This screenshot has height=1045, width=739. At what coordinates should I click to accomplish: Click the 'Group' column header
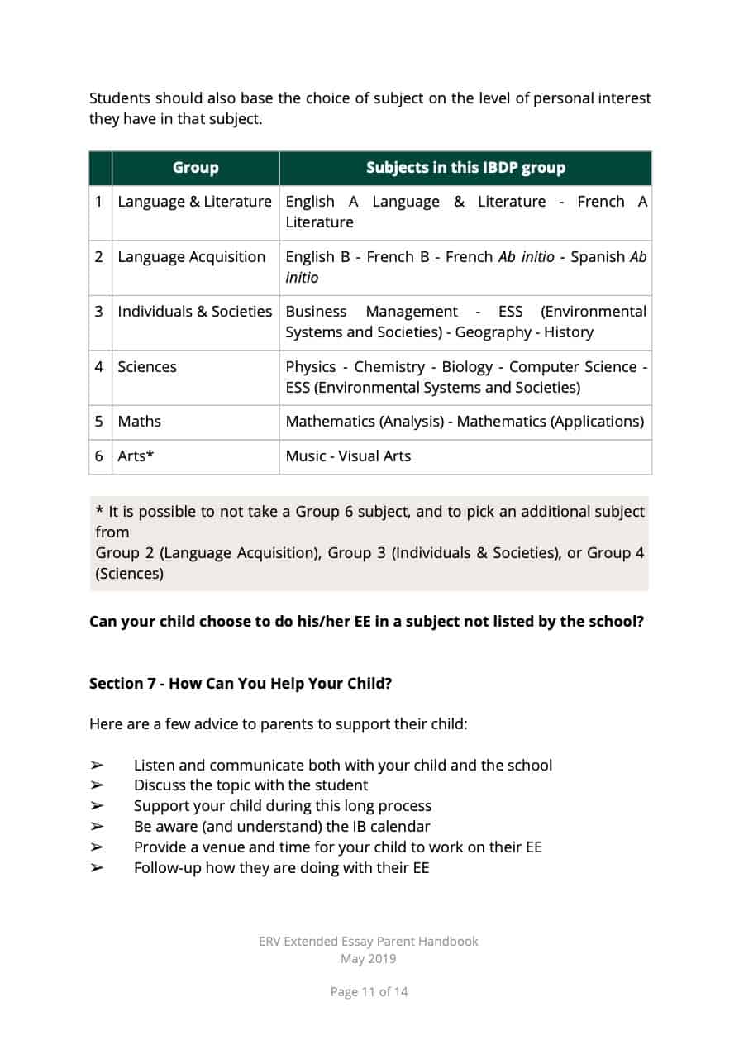[x=195, y=168]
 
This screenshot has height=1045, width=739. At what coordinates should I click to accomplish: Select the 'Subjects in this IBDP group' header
[x=465, y=168]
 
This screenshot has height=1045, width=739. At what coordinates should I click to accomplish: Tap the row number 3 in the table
[x=99, y=312]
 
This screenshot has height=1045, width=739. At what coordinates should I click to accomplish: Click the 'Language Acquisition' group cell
[x=192, y=257]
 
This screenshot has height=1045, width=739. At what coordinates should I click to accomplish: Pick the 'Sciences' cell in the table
[x=147, y=367]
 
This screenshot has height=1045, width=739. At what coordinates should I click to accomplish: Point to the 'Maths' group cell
[x=140, y=422]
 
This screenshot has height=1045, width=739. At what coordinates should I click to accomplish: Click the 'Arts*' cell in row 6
[x=136, y=456]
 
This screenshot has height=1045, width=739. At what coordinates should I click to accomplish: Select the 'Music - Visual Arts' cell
[x=348, y=456]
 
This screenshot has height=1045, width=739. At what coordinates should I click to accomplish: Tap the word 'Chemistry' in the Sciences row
[x=389, y=367]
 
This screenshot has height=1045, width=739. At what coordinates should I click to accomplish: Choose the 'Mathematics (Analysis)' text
[x=364, y=422]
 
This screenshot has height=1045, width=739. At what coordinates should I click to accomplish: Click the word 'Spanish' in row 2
[x=598, y=257]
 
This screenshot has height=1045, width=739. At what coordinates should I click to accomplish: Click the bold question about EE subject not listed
[x=366, y=622]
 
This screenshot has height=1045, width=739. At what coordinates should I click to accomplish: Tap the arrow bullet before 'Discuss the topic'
[x=97, y=785]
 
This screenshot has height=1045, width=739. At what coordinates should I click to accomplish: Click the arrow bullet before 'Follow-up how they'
[x=97, y=868]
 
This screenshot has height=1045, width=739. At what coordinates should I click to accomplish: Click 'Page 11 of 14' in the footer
[x=369, y=992]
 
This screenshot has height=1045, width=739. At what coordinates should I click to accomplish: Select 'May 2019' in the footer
[x=369, y=959]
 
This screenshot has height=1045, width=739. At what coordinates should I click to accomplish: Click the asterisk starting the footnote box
[x=99, y=511]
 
